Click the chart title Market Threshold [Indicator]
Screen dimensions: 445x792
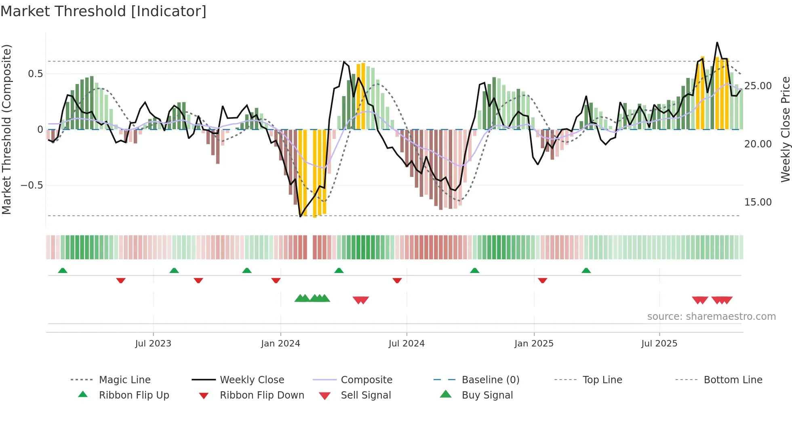103,11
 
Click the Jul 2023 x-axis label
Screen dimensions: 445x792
153,344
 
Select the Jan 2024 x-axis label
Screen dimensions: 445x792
280,344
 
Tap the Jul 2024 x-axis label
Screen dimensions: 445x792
407,344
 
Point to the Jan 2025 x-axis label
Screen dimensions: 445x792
534,344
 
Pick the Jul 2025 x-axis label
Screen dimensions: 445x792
659,344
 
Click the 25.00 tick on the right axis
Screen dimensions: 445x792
758,86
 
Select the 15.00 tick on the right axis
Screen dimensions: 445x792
758,202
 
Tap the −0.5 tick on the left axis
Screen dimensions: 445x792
32,185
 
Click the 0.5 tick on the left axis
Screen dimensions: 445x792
35,74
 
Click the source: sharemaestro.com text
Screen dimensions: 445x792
711,317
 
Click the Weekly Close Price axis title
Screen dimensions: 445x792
785,129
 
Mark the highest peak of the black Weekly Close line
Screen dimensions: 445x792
717,42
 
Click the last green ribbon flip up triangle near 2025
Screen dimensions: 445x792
586,271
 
